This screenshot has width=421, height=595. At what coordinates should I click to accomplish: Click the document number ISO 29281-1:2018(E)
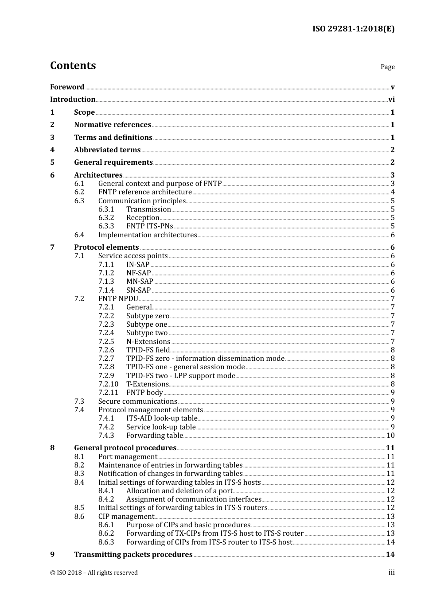(x=353, y=29)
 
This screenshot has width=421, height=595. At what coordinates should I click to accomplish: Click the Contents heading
(x=73, y=66)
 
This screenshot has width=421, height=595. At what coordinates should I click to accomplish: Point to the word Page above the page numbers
(x=387, y=67)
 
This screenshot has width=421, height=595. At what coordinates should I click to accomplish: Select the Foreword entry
(x=67, y=87)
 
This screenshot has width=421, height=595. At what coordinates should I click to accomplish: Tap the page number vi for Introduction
(x=391, y=100)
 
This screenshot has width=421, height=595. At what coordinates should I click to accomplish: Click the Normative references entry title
(x=113, y=125)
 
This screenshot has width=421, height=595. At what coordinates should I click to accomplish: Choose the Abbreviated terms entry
(x=107, y=150)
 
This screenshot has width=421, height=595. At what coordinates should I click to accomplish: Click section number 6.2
(x=79, y=192)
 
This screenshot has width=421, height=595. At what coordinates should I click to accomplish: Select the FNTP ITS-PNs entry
(x=149, y=226)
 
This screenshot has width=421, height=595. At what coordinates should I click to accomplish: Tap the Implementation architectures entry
(x=148, y=235)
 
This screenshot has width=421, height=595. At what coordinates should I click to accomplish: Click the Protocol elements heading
(x=106, y=247)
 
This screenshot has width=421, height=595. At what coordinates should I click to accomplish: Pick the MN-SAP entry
(x=140, y=282)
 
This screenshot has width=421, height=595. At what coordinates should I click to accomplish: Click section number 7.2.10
(x=109, y=384)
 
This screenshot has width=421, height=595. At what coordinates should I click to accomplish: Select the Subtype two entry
(x=147, y=333)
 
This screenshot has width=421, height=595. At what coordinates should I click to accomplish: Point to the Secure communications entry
(x=137, y=402)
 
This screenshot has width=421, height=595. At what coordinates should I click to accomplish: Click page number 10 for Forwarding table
(x=390, y=436)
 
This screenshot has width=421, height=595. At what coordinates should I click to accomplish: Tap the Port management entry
(x=128, y=457)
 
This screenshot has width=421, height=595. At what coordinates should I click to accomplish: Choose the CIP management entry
(x=126, y=517)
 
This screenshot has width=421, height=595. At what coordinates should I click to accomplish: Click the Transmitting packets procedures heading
(x=133, y=555)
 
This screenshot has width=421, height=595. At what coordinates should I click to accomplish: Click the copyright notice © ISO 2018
(x=94, y=573)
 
